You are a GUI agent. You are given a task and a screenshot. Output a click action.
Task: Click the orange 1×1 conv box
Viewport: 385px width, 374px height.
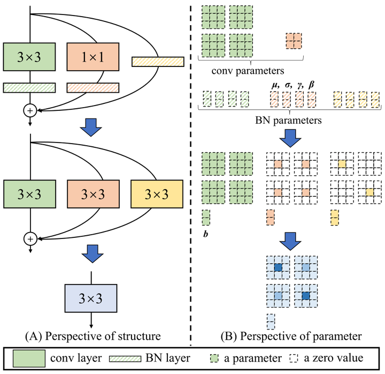pos(93,57)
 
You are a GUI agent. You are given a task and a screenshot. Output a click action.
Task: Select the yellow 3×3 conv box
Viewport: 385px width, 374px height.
pos(157,194)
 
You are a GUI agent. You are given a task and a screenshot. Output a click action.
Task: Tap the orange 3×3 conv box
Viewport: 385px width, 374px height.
pos(93,194)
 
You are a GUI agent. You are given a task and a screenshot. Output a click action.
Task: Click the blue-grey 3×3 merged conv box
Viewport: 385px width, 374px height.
pos(91,298)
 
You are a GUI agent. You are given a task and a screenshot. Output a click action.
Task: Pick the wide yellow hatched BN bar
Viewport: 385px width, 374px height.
pos(158,62)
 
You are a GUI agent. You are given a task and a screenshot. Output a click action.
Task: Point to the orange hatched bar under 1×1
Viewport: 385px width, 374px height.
pos(93,88)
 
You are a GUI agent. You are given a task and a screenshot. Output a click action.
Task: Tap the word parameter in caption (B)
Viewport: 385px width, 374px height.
pos(337,336)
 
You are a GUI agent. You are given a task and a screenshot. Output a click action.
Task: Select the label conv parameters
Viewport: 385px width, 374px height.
pos(248,71)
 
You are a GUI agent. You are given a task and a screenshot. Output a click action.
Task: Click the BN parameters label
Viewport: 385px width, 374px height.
pos(289,121)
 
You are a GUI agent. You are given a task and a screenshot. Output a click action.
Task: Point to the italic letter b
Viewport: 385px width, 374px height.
pos(205,234)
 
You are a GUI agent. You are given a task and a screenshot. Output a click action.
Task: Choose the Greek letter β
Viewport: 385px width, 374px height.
pos(311,85)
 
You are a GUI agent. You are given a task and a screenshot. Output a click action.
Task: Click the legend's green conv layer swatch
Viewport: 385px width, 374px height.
pos(29,358)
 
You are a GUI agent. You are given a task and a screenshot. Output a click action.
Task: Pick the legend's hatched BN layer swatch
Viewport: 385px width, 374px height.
pos(125,359)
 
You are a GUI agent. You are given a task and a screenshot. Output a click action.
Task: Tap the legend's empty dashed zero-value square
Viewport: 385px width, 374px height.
pos(294,358)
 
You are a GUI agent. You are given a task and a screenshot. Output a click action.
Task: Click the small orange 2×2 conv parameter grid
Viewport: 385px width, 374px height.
pos(294,41)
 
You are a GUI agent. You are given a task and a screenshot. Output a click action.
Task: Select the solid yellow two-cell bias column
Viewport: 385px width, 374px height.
pos(334,218)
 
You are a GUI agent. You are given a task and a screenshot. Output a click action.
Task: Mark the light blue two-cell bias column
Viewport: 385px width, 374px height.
pos(271,321)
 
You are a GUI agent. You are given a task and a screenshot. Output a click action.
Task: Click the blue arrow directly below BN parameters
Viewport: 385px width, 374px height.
pos(290,138)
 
